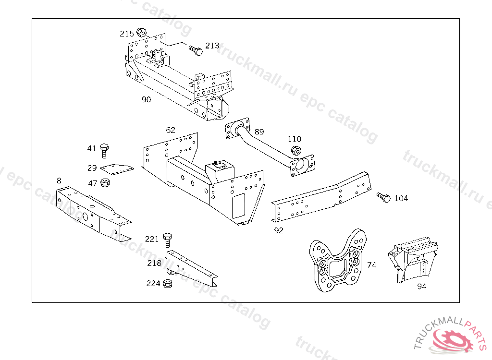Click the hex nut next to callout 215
point(142,32)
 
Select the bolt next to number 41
point(104,151)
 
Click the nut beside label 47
point(105,182)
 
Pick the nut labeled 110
point(296,151)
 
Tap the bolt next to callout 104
point(384,197)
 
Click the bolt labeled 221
point(168,240)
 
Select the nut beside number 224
point(168,283)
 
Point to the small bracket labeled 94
point(412,260)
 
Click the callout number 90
point(146,99)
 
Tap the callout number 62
point(171,130)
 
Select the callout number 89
point(259,132)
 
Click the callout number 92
point(279,230)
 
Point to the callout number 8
point(59,180)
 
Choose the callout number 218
point(154,263)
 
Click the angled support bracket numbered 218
point(191,268)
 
